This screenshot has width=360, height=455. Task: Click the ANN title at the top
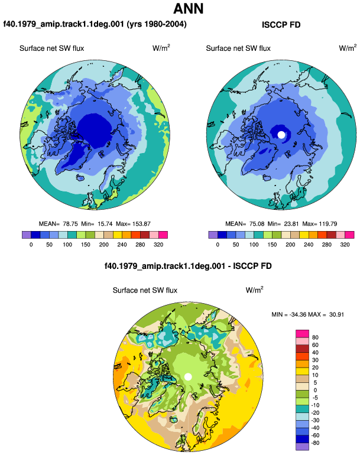point(189,8)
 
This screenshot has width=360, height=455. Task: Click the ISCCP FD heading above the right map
point(281,25)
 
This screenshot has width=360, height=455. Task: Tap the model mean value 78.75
point(70,224)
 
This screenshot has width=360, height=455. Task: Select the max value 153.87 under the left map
point(141,224)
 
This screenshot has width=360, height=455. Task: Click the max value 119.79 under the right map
point(327,224)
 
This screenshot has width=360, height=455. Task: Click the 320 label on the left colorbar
point(158,245)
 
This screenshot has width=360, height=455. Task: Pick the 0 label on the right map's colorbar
point(218,245)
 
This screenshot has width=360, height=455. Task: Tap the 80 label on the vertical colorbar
point(315,337)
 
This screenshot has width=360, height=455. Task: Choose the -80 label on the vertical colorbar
point(315,443)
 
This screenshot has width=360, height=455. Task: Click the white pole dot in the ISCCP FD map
point(281,135)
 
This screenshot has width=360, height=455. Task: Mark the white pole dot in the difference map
point(188,377)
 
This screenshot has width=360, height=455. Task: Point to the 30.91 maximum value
point(336,314)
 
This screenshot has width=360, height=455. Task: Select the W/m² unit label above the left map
point(161,48)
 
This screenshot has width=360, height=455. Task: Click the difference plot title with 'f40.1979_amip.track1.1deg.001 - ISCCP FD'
point(188,266)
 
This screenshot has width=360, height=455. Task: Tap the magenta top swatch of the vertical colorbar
point(302,334)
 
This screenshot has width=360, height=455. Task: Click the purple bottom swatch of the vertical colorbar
point(302,447)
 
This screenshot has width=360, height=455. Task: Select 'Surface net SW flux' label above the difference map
point(145,290)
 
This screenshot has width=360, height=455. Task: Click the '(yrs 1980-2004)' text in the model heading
point(157,24)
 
